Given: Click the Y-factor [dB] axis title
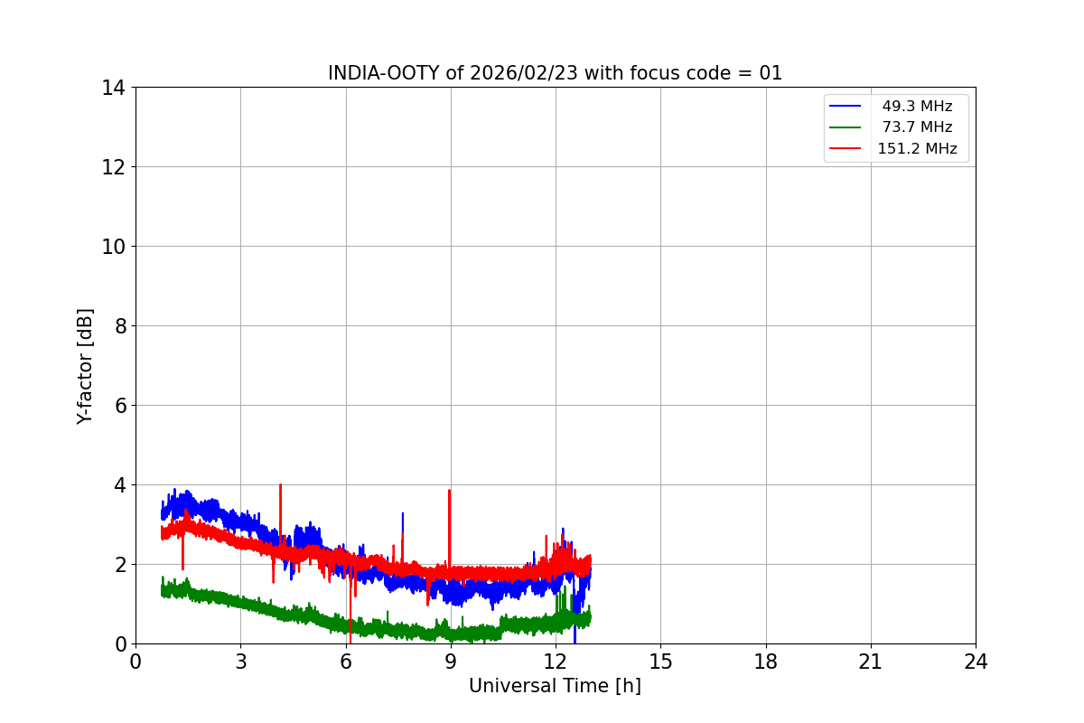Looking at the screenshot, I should pyautogui.click(x=85, y=366).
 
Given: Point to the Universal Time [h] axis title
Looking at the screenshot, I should pyautogui.click(x=555, y=686).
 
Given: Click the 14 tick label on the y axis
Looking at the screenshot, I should pyautogui.click(x=114, y=88).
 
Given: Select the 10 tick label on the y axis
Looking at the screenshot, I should pyautogui.click(x=114, y=247).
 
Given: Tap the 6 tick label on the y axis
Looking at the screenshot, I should pyautogui.click(x=119, y=406).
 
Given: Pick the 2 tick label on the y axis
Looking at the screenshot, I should pyautogui.click(x=119, y=565).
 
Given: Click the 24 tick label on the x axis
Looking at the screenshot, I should pyautogui.click(x=976, y=662).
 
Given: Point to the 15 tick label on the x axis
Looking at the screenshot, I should pyautogui.click(x=660, y=662).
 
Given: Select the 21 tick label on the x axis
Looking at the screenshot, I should pyautogui.click(x=871, y=662).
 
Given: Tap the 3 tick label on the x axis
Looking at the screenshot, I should pyautogui.click(x=240, y=662).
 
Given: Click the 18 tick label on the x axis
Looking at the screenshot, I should pyautogui.click(x=766, y=662).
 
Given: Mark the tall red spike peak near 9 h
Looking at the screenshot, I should pyautogui.click(x=449, y=491).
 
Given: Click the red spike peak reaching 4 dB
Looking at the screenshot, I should pyautogui.click(x=281, y=484).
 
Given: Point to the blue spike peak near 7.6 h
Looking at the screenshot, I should pyautogui.click(x=402, y=513).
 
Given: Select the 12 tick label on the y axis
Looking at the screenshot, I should pyautogui.click(x=114, y=167).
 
